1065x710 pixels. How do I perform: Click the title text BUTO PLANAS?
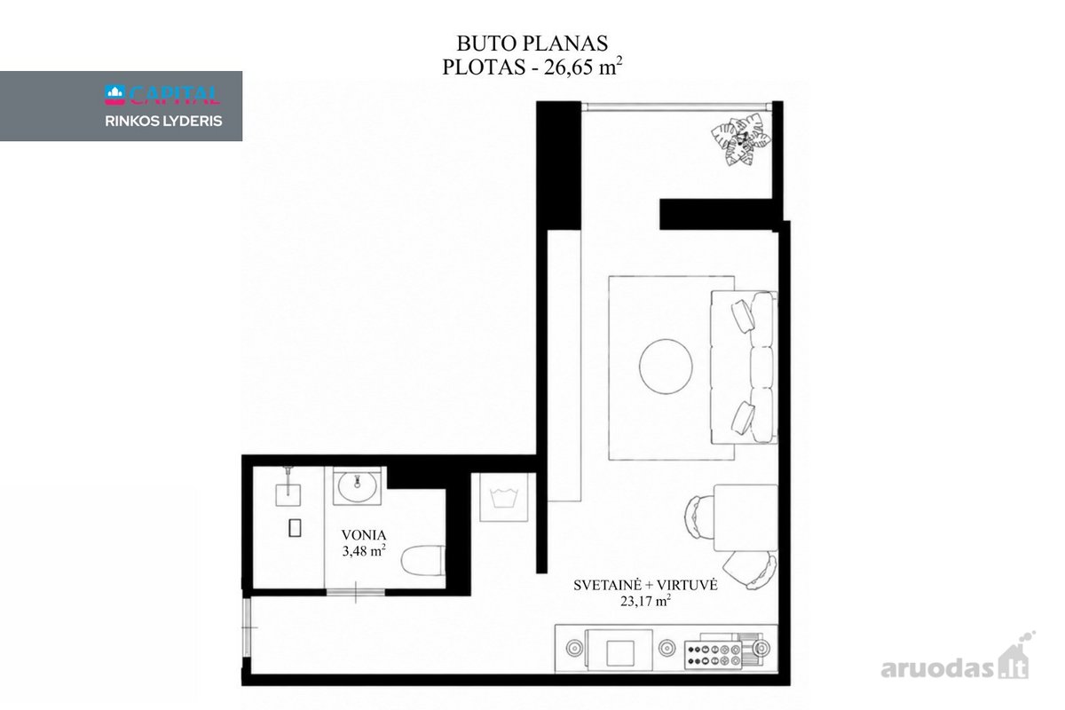(532, 43)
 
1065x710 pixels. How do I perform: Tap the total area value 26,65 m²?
(583, 67)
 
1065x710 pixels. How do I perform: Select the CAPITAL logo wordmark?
(162, 95)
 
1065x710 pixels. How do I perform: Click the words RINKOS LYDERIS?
(163, 122)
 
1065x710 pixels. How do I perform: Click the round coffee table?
(666, 367)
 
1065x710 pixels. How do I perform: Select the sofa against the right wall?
(744, 367)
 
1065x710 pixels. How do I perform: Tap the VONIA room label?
(364, 535)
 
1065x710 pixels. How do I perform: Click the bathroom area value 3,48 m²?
(364, 550)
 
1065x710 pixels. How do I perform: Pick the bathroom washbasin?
(357, 485)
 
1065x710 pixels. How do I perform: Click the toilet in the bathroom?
(423, 561)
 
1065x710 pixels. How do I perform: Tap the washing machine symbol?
(503, 497)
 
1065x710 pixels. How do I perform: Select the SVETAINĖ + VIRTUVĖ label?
(645, 586)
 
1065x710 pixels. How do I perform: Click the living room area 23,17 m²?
(645, 601)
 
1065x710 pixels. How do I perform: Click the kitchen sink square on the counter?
(620, 654)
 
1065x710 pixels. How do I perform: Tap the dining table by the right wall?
(745, 518)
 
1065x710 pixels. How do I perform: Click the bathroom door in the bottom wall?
(356, 593)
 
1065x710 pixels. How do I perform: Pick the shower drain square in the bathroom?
(295, 528)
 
